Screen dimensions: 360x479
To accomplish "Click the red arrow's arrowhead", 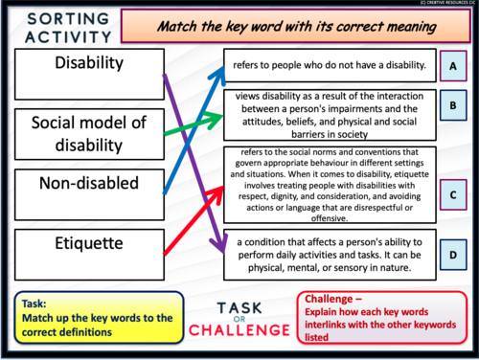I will (x=222, y=186).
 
